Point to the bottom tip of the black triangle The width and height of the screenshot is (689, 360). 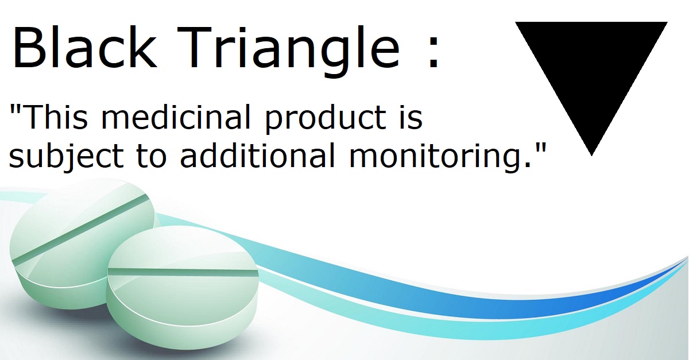(x=591, y=153)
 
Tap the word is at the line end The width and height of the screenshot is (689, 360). (x=411, y=118)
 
